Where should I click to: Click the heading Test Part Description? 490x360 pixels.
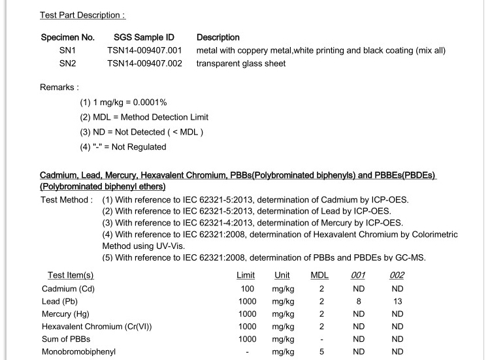pos(82,15)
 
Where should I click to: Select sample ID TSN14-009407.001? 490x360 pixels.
pos(144,50)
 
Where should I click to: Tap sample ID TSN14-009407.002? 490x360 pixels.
pos(144,63)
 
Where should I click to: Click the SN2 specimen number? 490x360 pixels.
pos(68,63)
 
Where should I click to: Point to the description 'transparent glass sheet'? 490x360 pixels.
pos(241,63)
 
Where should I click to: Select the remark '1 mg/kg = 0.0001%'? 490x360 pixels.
pos(123,103)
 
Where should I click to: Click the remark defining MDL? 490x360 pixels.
pos(144,117)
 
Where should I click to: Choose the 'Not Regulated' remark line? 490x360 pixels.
pos(123,147)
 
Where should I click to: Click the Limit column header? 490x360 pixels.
pos(246,275)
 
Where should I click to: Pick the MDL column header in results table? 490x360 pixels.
pos(319,275)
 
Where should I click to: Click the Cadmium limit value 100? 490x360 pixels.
pos(247,289)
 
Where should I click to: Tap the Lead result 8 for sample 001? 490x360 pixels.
pos(359,301)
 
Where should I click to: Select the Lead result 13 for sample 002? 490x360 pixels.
pos(397,301)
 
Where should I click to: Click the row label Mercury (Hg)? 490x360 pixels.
pos(65,314)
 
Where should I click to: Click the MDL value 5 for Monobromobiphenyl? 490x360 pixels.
pos(321,352)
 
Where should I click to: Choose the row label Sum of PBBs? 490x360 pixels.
pos(66,339)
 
